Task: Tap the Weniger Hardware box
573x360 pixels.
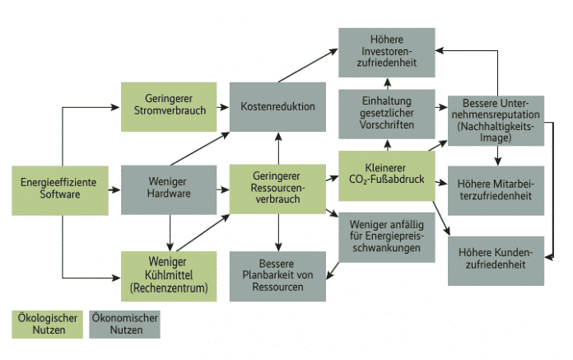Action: (x=168, y=189)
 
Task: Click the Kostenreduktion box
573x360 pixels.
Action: (x=277, y=107)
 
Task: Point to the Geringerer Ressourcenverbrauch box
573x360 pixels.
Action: (x=277, y=189)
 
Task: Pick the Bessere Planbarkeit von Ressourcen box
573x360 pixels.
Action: (x=277, y=277)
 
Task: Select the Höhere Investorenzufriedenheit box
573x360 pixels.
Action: (x=386, y=52)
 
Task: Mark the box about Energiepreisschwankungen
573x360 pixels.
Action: (x=386, y=236)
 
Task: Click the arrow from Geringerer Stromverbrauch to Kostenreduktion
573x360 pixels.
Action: (x=221, y=107)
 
